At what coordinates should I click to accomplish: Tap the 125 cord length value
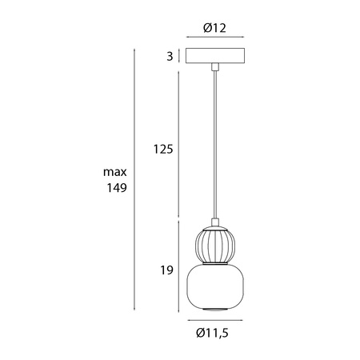[x=163, y=149]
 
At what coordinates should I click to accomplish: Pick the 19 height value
[x=166, y=271]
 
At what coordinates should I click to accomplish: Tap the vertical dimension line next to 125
[x=178, y=149]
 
